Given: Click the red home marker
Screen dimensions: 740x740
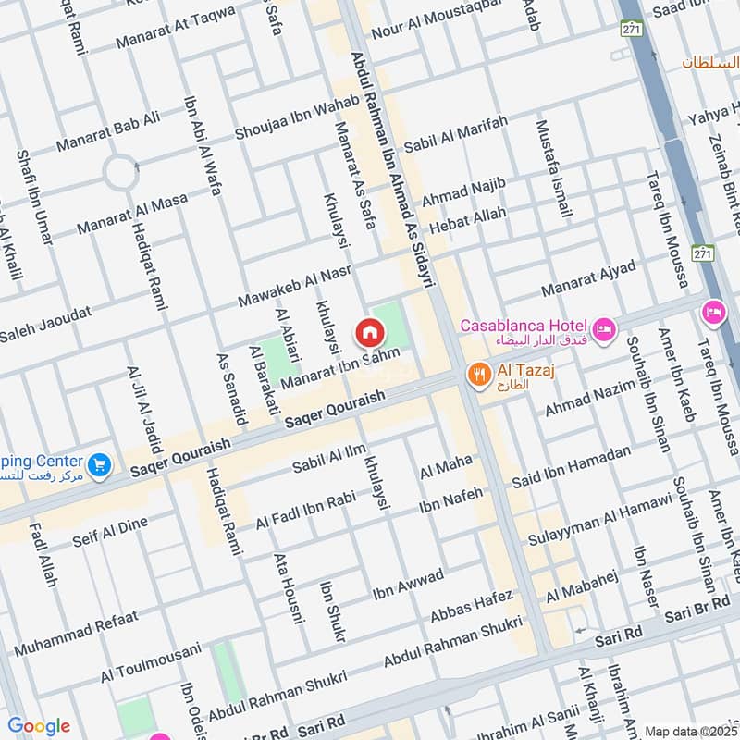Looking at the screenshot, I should click(369, 331).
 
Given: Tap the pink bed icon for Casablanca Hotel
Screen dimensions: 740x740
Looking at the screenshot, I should click(604, 329).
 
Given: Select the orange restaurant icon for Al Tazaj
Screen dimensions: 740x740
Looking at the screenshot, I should click(478, 375).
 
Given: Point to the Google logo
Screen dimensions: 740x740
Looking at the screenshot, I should click(39, 725).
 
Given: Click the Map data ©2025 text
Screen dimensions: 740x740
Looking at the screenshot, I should click(690, 731).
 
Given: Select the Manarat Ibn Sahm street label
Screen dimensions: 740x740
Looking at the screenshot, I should click(339, 368).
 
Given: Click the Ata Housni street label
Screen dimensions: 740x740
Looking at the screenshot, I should click(288, 587).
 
